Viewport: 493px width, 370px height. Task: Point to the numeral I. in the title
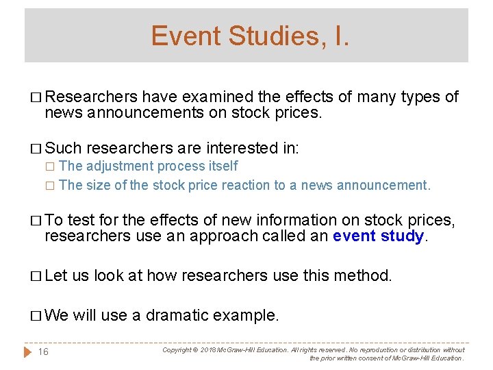[340, 36]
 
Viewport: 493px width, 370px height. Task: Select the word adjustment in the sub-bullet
[119, 166]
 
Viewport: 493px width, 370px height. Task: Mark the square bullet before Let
[36, 276]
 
